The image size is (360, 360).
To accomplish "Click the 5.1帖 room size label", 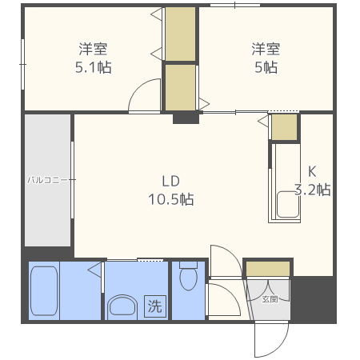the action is pyautogui.click(x=94, y=67).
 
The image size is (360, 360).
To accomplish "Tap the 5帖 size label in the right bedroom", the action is pyautogui.click(x=266, y=67).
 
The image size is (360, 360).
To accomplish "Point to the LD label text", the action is pyautogui.click(x=171, y=182).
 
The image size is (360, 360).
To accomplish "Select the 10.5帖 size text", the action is pyautogui.click(x=171, y=199).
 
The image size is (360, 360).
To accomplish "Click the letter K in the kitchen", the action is pyautogui.click(x=312, y=171).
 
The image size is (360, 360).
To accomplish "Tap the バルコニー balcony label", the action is pyautogui.click(x=47, y=180).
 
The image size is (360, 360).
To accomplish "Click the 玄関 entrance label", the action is pyautogui.click(x=270, y=299).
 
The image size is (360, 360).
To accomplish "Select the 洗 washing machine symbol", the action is pyautogui.click(x=155, y=306).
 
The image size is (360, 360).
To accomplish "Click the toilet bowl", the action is pyautogui.click(x=189, y=278).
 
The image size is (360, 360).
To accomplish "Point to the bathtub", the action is pyautogui.click(x=44, y=290).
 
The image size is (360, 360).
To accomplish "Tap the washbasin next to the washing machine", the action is pyautogui.click(x=122, y=306).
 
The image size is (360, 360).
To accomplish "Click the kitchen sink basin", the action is pyautogui.click(x=288, y=205).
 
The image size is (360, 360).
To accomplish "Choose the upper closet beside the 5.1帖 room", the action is pyautogui.click(x=181, y=34).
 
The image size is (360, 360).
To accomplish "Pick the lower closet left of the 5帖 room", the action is pyautogui.click(x=181, y=87).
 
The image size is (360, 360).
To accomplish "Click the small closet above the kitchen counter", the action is pyautogui.click(x=284, y=127).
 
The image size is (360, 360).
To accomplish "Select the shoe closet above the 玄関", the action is pyautogui.click(x=268, y=269).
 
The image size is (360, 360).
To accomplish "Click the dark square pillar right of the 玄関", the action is pyautogui.click(x=313, y=299).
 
